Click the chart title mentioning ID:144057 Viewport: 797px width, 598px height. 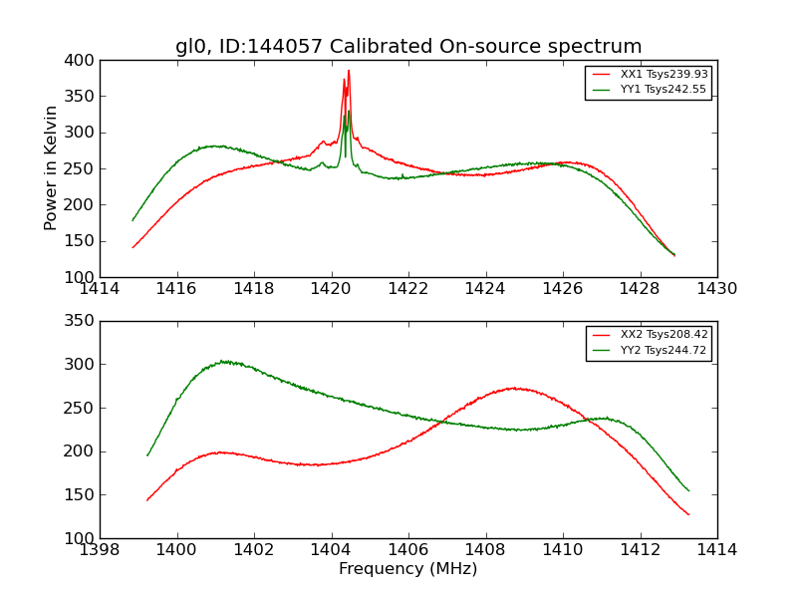[408, 47]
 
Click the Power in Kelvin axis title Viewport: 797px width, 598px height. [52, 168]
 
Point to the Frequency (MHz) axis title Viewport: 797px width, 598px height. [408, 569]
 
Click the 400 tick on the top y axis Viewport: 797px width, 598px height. [83, 61]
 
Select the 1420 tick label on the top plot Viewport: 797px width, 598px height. [331, 289]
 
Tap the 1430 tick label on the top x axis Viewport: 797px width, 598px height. [716, 289]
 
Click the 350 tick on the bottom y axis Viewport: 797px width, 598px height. [83, 321]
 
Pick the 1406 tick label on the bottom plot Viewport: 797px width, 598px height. [408, 550]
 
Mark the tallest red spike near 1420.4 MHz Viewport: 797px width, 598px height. [349, 70]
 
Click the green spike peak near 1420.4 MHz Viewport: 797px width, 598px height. [348, 112]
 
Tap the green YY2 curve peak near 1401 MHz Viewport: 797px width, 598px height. [224, 361]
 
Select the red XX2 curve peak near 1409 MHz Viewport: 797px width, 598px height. [514, 388]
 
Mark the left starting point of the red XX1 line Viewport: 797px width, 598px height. [133, 247]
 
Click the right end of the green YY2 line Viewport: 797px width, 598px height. [688, 490]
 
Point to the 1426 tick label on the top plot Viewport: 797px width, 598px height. [562, 289]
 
